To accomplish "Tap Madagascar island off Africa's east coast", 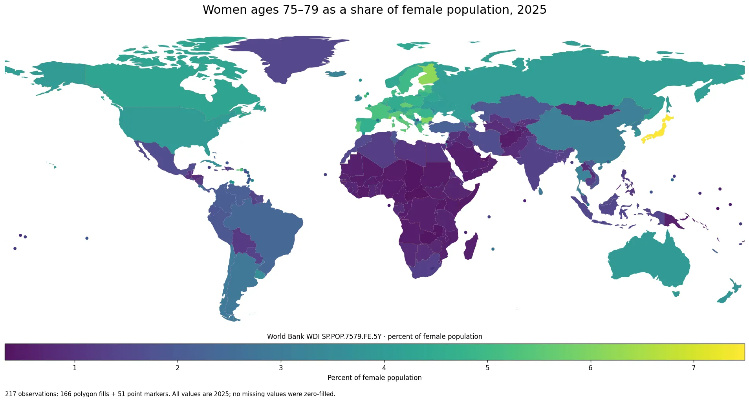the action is click(471, 246).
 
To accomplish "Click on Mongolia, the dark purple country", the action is click(587, 111).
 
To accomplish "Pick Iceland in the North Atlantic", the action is click(336, 74).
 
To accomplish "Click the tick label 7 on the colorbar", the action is click(694, 368).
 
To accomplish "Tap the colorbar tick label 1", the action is click(75, 368).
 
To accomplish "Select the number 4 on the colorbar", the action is click(384, 368).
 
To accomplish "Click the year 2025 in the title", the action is click(531, 10).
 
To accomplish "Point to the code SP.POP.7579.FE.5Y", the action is click(352, 337).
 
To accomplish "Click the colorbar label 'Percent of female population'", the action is click(374, 378).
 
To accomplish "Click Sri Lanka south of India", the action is click(540, 191).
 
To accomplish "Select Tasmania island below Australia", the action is click(676, 293).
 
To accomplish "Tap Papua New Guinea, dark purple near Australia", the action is click(672, 220).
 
